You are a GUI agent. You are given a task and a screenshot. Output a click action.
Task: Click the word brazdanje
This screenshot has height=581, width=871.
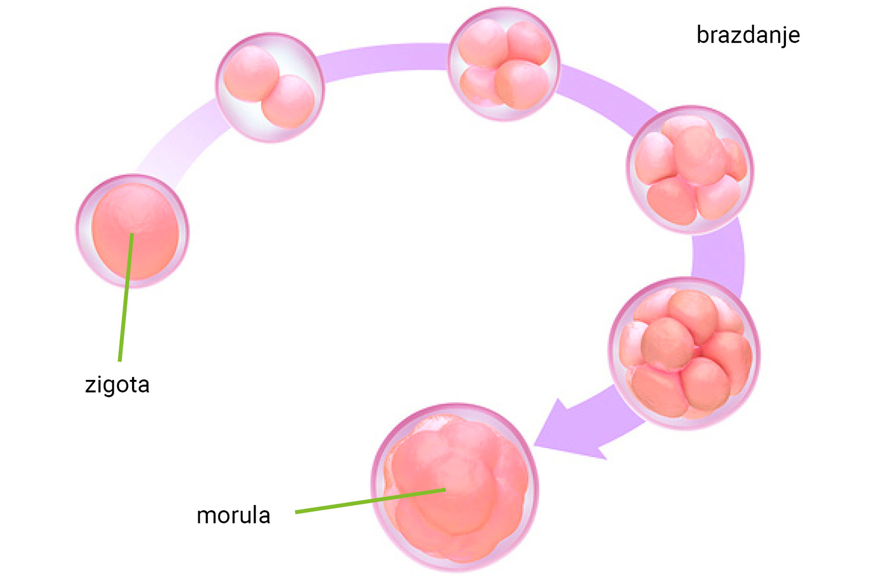[747, 35]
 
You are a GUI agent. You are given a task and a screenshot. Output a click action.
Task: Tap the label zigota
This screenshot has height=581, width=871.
[117, 385]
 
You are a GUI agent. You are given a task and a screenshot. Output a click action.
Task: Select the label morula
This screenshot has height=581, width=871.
[233, 516]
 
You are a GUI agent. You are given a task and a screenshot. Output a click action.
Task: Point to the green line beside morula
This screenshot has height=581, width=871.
[370, 501]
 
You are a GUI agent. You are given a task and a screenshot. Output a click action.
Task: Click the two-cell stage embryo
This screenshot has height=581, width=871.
[269, 88]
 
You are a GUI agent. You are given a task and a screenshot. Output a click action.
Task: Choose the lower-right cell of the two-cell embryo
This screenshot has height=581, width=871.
[288, 101]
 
